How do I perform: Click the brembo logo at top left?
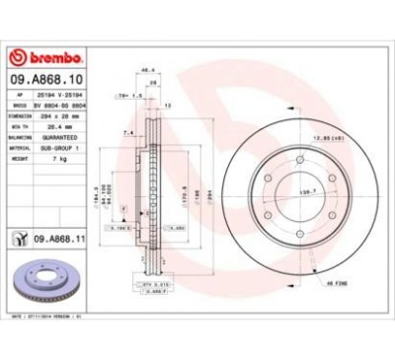coord(48,49)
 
